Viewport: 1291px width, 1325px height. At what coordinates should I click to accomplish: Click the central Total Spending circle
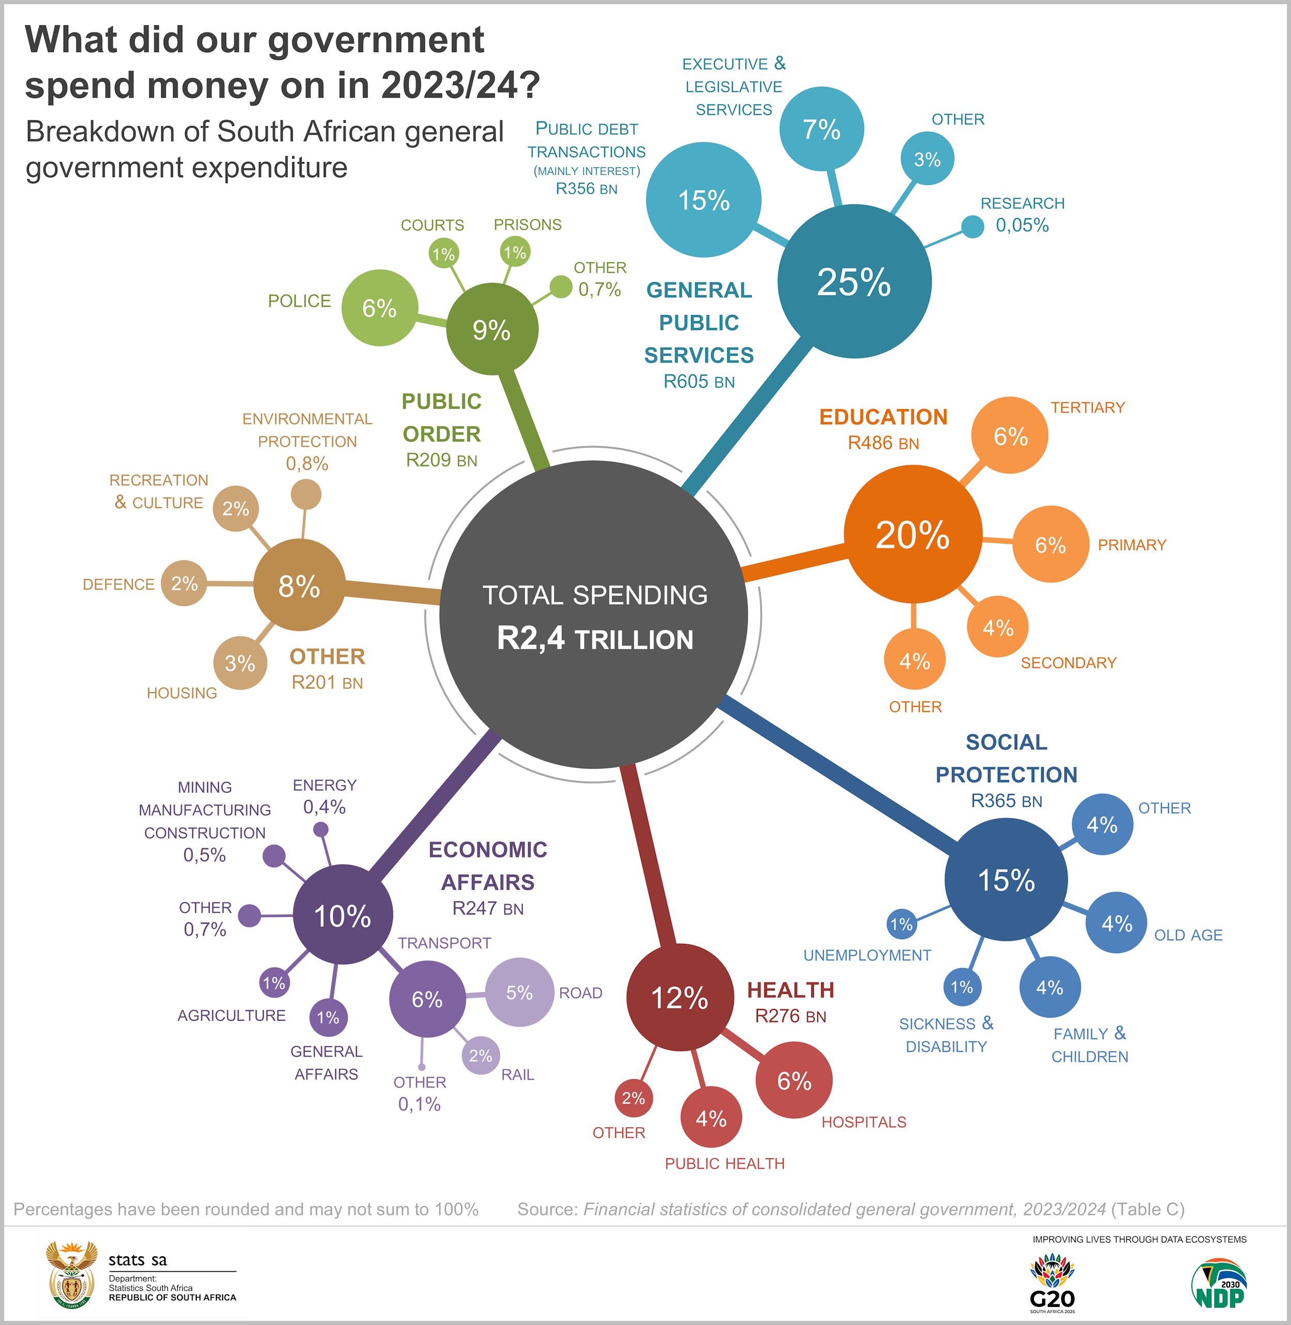593,615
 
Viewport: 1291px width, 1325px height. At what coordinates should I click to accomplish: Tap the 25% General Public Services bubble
854,281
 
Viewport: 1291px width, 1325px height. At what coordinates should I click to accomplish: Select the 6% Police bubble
379,308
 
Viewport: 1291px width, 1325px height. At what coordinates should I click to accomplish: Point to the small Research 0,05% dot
972,227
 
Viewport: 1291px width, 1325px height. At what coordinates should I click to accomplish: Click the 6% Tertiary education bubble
1010,435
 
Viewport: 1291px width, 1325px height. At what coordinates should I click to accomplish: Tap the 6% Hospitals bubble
794,1080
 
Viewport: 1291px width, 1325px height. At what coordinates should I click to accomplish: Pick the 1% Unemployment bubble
901,924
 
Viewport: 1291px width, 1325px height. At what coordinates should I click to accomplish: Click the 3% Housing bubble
240,663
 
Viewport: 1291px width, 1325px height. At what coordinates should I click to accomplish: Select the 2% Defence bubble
184,583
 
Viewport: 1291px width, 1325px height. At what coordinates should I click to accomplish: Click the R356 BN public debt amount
587,189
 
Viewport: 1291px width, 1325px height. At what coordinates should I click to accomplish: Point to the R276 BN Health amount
790,1016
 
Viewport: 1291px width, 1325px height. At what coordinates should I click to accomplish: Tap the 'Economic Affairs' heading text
487,866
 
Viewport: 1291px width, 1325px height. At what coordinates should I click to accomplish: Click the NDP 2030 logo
1219,1284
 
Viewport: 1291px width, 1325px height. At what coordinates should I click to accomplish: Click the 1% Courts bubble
444,254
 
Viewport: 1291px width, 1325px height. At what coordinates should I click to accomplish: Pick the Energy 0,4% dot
321,829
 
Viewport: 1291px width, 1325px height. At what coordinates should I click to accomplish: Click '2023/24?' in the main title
461,85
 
